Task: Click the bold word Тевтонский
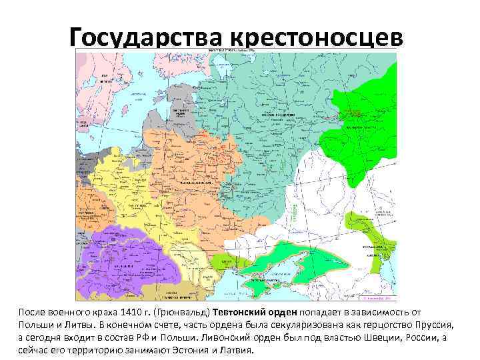coord(241,312)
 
